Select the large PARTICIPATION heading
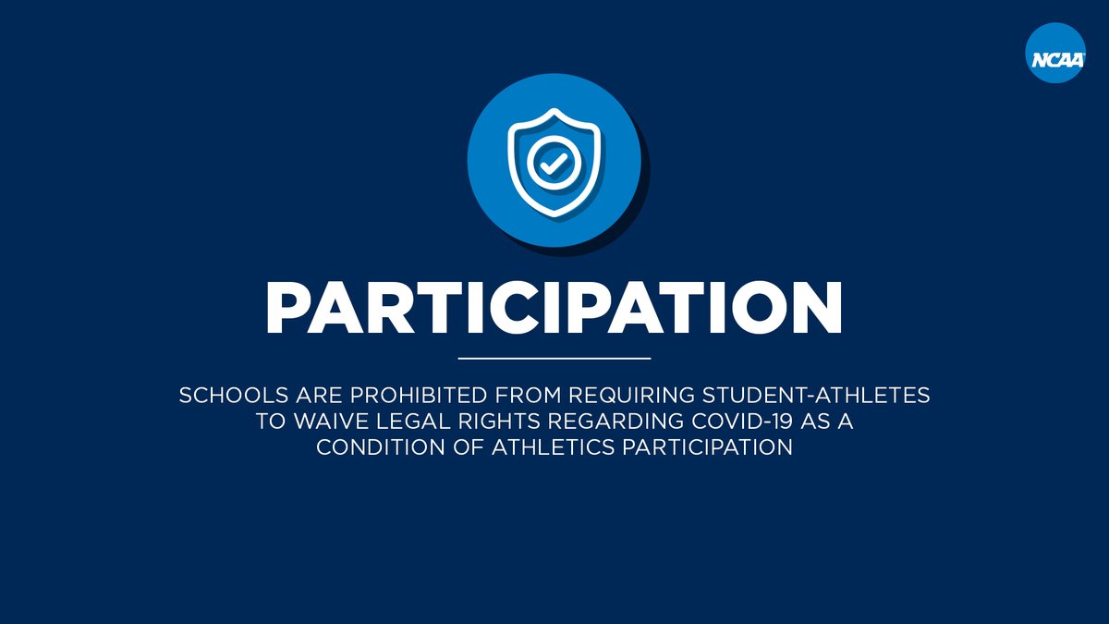pos(554,306)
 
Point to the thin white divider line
pos(554,358)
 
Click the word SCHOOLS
pos(221,396)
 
